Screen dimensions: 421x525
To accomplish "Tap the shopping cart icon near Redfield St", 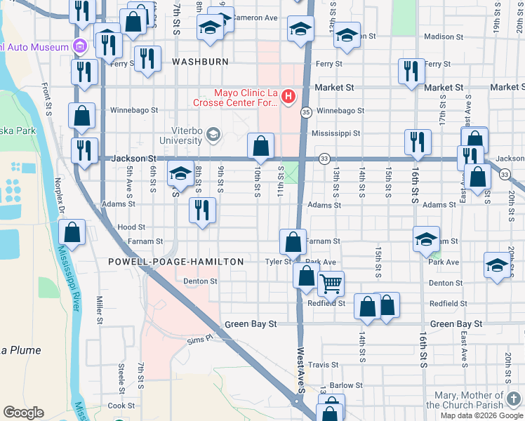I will [330, 284].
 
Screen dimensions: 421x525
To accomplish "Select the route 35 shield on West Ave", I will [306, 112].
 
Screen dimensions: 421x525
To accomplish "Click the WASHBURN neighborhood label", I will [201, 62].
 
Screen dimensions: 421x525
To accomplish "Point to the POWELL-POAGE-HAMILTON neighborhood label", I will [175, 262].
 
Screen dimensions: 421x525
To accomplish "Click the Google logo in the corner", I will [24, 413].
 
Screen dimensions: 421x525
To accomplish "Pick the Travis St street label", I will [324, 365].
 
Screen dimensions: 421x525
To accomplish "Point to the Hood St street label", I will [131, 227].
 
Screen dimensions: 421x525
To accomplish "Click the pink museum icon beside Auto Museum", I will [80, 47].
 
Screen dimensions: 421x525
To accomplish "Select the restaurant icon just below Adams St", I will [202, 210].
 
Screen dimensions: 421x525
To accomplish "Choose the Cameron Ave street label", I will [255, 17].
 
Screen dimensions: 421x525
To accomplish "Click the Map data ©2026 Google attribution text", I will [481, 415].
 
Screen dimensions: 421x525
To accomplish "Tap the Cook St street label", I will [121, 406].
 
